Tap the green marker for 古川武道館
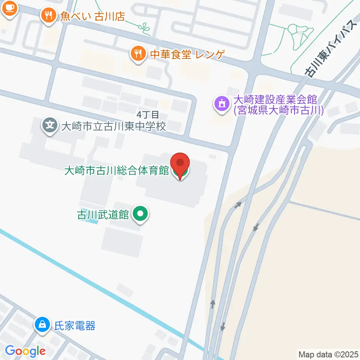(141, 214)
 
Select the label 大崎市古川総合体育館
(117, 171)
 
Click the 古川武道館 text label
(103, 215)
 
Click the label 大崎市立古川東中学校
(113, 126)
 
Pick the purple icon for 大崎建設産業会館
(222, 103)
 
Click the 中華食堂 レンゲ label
(187, 55)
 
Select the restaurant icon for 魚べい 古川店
(48, 16)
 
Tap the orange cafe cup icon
(9, 8)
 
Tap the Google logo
(25, 351)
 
